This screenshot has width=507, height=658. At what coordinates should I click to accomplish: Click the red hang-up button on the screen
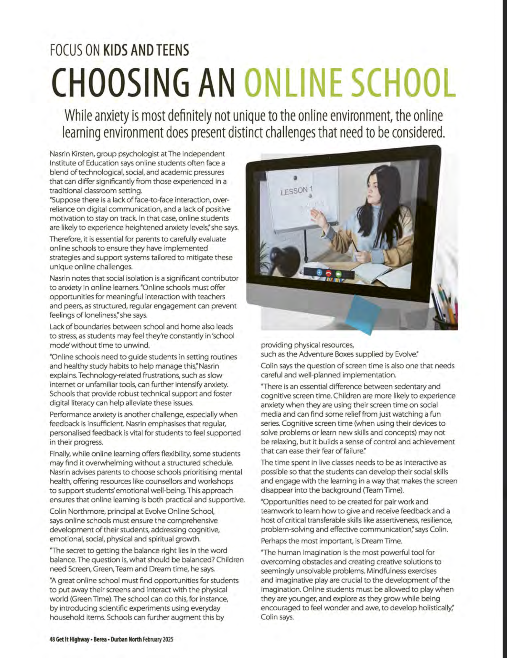tap(328, 273)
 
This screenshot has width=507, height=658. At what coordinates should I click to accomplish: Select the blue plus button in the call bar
tap(319, 273)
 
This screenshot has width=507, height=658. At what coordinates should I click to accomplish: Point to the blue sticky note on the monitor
tap(363, 314)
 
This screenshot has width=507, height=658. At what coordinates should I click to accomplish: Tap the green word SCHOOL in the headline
tap(402, 83)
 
